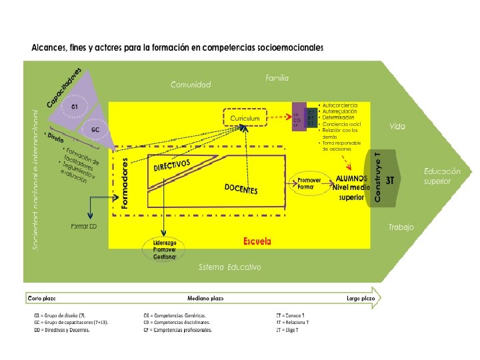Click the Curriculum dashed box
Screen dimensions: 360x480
(245, 118)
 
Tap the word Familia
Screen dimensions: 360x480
(277, 78)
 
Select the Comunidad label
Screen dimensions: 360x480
(191, 85)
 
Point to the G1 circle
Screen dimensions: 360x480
(75, 107)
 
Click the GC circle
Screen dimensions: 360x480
(96, 129)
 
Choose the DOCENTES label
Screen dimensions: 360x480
(241, 189)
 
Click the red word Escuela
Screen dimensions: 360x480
(257, 241)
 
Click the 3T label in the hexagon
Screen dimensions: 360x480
(391, 179)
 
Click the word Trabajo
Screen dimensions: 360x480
(401, 227)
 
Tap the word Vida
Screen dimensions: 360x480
(398, 126)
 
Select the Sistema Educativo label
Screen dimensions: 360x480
(230, 267)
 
